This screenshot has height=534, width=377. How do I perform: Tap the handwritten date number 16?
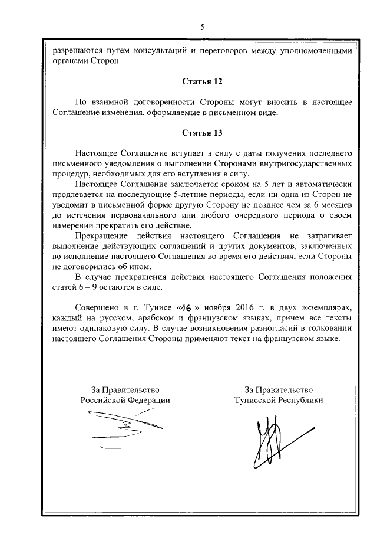click(186, 308)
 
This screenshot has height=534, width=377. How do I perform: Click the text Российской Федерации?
click(125, 399)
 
